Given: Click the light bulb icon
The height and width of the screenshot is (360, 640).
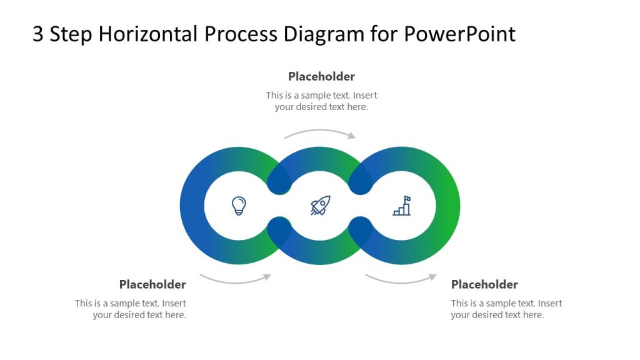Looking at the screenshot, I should tap(239, 205).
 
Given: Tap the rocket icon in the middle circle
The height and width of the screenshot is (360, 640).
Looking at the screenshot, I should tap(320, 206).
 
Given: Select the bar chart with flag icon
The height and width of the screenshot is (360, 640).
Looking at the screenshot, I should tap(402, 206).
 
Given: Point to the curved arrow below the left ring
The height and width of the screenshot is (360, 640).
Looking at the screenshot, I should tap(234, 279).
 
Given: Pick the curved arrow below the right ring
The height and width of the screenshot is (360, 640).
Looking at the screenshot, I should tap(400, 279).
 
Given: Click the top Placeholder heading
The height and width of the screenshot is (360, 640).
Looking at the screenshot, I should tap(321, 76).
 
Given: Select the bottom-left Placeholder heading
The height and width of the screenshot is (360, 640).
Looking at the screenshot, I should tap(152, 284).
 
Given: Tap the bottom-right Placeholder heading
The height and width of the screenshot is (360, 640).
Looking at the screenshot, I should tap(484, 284).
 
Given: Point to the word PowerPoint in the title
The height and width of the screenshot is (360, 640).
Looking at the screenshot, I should tap(459, 34).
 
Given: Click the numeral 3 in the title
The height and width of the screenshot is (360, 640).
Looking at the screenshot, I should tap(38, 34).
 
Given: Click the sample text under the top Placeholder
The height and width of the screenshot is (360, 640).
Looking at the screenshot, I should tap(321, 101).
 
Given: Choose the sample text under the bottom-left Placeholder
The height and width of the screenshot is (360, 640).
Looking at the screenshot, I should tap(131, 309).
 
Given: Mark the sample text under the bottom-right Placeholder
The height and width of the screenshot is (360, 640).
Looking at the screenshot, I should tap(506, 309).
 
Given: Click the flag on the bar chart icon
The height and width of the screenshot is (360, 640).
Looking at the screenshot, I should tap(407, 199).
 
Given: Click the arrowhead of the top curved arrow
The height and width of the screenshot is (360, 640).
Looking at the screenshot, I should tap(352, 135).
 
